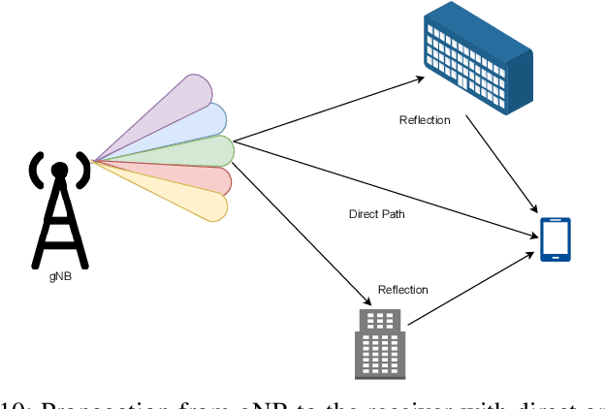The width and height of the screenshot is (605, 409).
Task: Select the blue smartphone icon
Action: coord(556,238)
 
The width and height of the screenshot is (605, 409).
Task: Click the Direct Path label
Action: coord(376,213)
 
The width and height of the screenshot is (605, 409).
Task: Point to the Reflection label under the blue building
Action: coord(425,120)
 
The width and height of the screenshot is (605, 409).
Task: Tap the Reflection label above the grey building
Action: coord(402,290)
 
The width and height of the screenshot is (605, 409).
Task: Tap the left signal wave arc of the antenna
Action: coord(36,172)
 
